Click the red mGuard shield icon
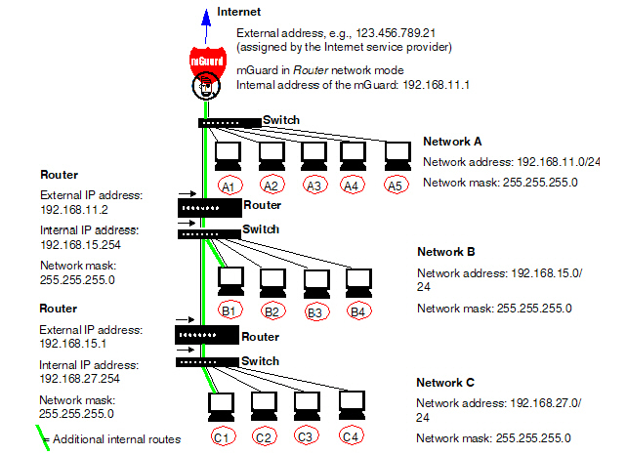coord(204,63)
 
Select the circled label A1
coord(229,185)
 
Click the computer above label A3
coord(313,155)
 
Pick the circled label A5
coord(397,185)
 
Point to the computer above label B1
coord(231,280)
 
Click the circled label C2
coord(263,437)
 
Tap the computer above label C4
coord(352,402)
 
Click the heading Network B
coord(446,251)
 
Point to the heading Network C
coord(446,382)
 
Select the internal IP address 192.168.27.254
coord(80,377)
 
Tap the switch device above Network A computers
coord(230,122)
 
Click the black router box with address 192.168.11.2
coord(208,208)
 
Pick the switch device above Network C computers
coord(208,362)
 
